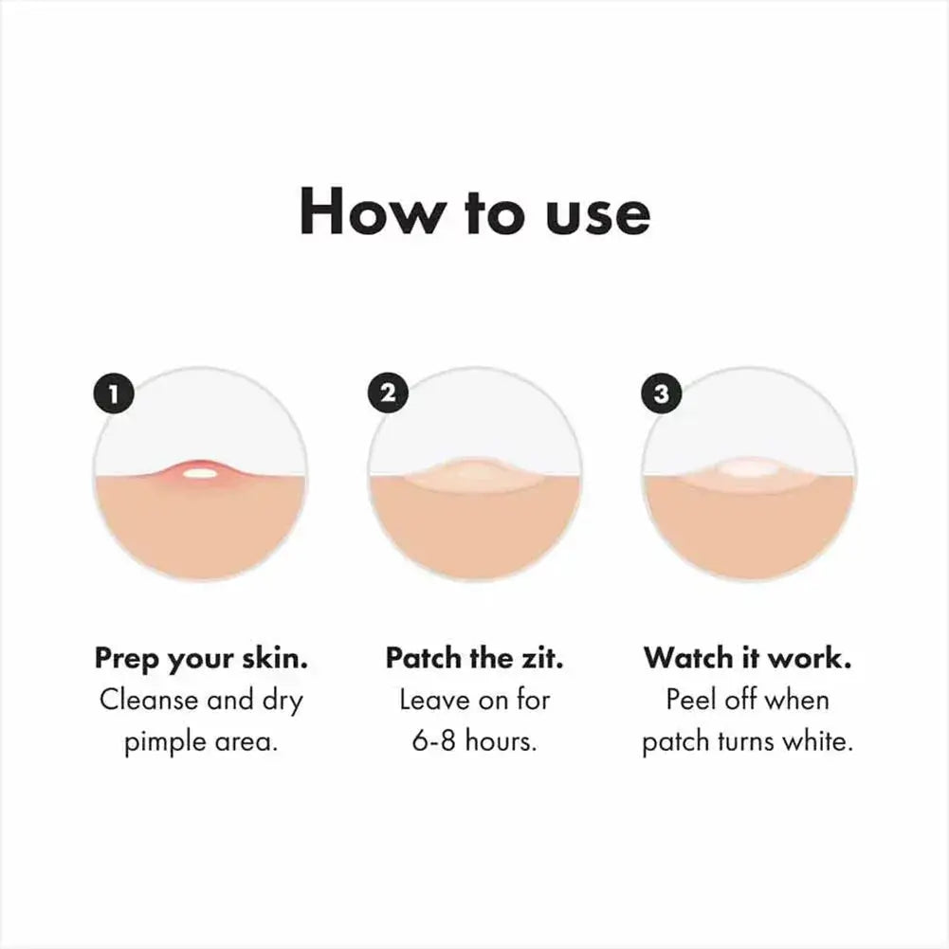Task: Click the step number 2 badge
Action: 387,393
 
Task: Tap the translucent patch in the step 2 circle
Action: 474,473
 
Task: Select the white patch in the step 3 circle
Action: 748,468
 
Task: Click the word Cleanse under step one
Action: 149,702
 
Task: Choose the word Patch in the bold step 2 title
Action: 424,659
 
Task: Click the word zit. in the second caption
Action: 541,659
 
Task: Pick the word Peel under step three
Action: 689,701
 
